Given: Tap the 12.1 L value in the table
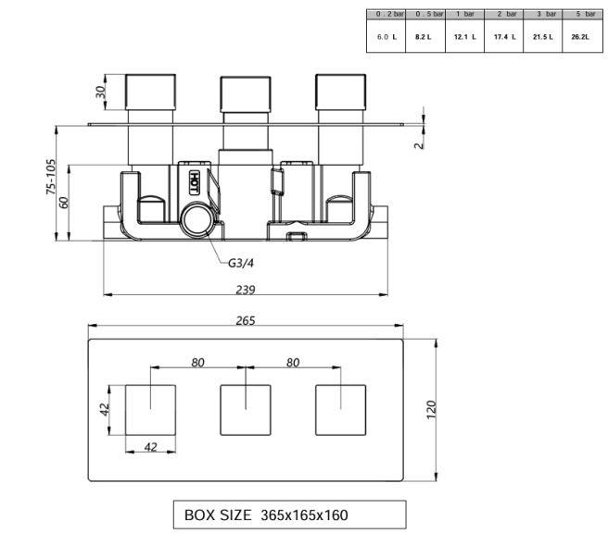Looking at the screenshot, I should tap(464, 36).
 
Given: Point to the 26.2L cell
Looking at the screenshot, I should tap(581, 36).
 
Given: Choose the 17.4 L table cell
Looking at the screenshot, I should tap(503, 36).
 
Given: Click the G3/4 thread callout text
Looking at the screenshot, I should tap(243, 263).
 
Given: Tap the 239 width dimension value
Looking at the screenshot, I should tap(245, 289).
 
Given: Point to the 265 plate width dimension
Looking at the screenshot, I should tap(245, 320).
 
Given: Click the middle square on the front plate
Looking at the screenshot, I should tap(245, 409).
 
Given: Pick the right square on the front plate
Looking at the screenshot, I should tap(340, 409).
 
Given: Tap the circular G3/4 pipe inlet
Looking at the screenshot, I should tap(196, 221).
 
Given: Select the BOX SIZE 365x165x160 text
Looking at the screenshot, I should tap(266, 515).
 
